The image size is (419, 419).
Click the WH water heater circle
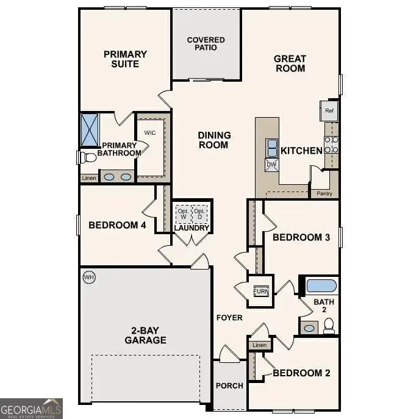click(89, 278)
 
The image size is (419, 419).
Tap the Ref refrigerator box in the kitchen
click(329, 111)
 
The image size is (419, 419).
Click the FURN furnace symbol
click(260, 292)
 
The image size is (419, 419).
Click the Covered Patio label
click(206, 44)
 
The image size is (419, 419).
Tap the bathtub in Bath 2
click(321, 285)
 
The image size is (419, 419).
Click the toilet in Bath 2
click(329, 327)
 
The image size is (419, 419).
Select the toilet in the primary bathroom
click(88, 158)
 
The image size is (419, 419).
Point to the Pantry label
click(324, 194)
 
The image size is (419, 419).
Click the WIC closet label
click(151, 132)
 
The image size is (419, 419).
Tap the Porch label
click(229, 385)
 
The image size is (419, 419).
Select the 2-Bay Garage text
click(145, 335)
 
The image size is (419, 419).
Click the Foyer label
click(229, 318)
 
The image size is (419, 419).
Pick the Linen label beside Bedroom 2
click(259, 345)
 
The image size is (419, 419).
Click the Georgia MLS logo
click(31, 408)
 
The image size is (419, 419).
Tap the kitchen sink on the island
click(271, 148)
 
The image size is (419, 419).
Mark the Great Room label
click(290, 63)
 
